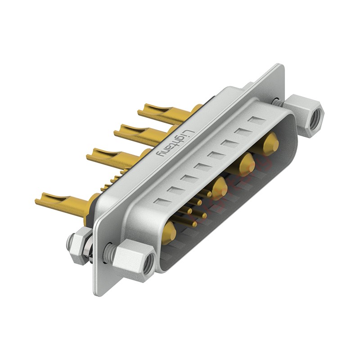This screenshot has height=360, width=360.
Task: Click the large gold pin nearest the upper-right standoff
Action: [270, 144]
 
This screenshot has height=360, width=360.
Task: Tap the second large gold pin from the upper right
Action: [246, 164]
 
